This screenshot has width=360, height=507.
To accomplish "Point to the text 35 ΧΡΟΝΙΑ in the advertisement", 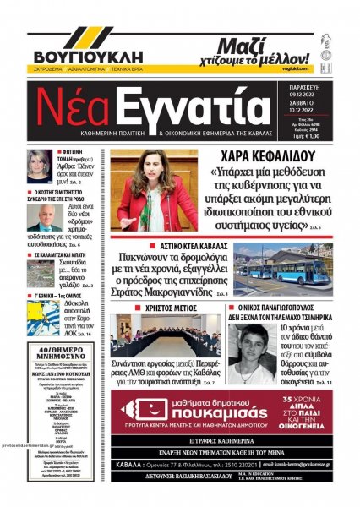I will click(311, 397).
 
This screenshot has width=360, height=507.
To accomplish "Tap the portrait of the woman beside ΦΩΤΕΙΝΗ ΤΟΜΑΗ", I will click(40, 165).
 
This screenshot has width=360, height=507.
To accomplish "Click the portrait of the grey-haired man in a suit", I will click(44, 215).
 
